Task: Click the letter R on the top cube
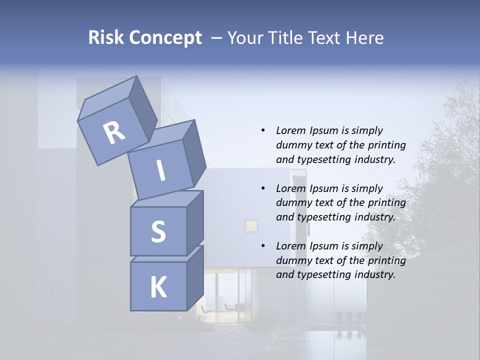[114, 133]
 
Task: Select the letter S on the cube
[158, 231]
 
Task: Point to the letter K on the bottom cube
[158, 287]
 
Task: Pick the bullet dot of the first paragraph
[263, 131]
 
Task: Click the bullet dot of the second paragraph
[263, 189]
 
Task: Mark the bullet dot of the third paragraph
[263, 246]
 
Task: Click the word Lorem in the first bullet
[290, 131]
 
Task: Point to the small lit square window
[251, 226]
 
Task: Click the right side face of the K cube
[195, 277]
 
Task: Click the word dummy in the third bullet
[292, 260]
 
